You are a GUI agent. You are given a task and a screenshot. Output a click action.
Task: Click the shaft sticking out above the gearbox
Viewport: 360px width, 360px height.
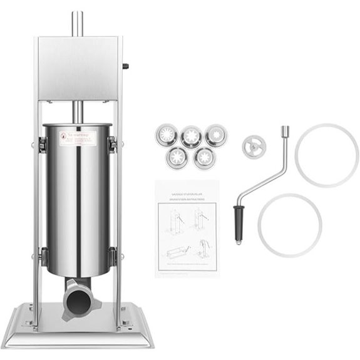(77, 24)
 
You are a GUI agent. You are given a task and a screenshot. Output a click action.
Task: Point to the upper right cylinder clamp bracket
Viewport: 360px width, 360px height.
(113, 144)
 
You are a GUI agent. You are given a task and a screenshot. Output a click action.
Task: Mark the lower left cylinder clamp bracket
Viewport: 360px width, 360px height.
(42, 255)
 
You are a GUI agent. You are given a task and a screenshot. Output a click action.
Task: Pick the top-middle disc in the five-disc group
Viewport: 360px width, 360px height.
(190, 136)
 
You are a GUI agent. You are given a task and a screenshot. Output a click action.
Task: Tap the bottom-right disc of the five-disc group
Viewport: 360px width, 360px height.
(204, 157)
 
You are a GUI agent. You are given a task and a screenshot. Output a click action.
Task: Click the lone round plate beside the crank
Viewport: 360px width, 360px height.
(254, 147)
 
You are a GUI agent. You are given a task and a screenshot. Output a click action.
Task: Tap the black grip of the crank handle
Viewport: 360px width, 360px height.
(238, 224)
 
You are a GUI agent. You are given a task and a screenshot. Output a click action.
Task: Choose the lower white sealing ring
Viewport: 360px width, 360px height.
(290, 225)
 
